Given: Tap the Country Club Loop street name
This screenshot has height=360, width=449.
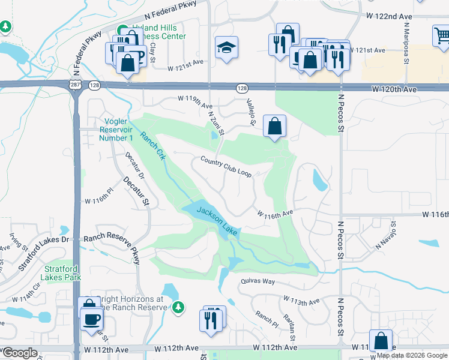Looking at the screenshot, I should pyautogui.click(x=226, y=166).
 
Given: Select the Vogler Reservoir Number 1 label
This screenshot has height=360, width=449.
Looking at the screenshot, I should pyautogui.click(x=115, y=130).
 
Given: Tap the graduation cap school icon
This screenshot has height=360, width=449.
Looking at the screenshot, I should pyautogui.click(x=227, y=47).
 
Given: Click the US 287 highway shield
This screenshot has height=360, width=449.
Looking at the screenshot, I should pyautogui.click(x=72, y=86).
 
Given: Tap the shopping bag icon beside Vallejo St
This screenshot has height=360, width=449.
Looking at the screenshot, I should pyautogui.click(x=274, y=126).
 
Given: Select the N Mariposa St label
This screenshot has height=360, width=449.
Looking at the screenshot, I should pyautogui.click(x=406, y=44).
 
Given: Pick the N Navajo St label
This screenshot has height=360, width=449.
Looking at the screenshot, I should pyautogui.click(x=387, y=235).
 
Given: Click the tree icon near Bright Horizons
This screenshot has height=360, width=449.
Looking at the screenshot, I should pyautogui.click(x=178, y=307).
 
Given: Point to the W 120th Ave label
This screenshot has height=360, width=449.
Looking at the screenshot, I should pyautogui.click(x=394, y=89).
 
